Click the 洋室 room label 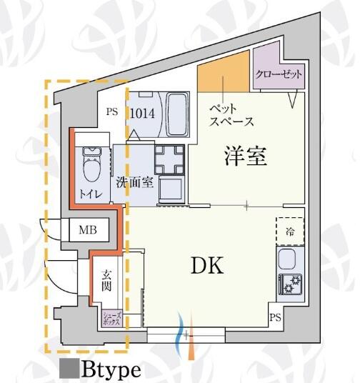tap(246, 156)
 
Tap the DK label tap(207, 266)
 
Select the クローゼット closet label tap(279, 74)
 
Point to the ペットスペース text tap(231, 115)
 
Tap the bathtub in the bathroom tap(177, 114)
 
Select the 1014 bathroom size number tap(142, 114)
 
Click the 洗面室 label tap(134, 182)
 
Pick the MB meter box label tap(88, 230)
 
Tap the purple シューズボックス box tap(111, 319)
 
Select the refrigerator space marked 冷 tap(290, 231)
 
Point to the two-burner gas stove tap(291, 284)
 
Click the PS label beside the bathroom tap(112, 112)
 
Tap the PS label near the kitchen tap(275, 317)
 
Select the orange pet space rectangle tap(224, 71)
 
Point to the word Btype tap(111, 370)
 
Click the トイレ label tap(91, 194)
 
